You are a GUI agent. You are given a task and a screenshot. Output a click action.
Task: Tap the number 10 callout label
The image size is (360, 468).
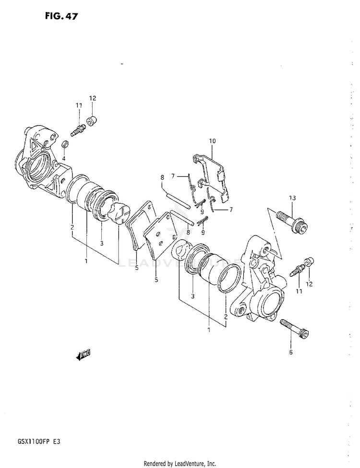pos(212,141)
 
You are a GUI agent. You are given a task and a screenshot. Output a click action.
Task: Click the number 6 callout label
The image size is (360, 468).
pos(291,352)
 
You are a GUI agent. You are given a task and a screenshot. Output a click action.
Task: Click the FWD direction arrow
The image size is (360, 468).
pos(83,355)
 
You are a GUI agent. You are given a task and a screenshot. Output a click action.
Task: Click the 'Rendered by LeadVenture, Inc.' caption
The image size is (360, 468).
pos(180,463)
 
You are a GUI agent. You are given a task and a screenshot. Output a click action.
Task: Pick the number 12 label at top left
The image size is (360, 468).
pos(93,99)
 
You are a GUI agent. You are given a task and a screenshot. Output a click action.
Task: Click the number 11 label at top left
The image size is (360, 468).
pos(78,105)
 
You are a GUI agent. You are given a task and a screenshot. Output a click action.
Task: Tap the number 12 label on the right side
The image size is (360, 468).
pos(309,284)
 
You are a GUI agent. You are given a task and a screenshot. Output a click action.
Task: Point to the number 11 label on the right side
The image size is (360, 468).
pos(299,291)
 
